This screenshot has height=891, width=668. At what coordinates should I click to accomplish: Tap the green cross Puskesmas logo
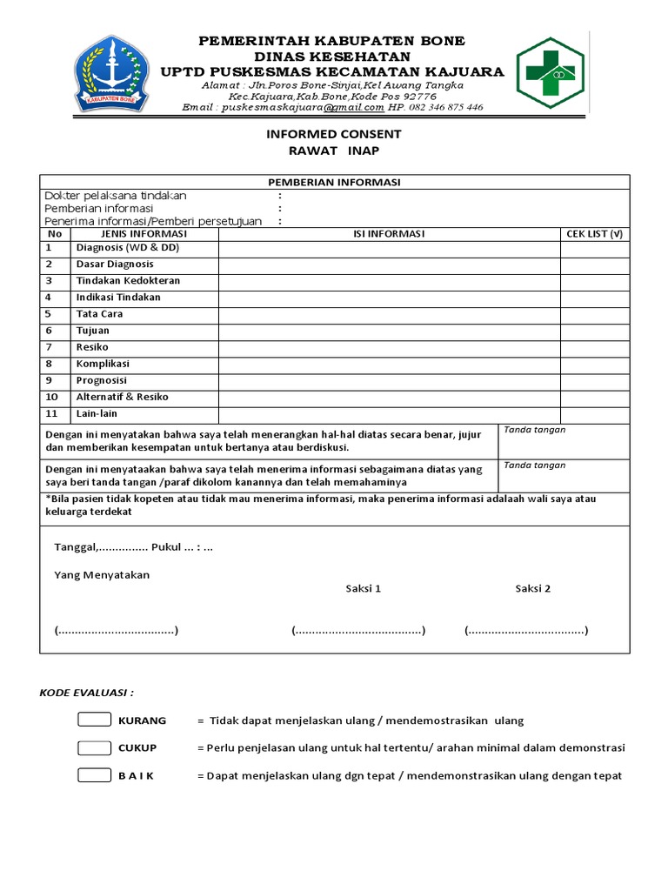[x=552, y=72]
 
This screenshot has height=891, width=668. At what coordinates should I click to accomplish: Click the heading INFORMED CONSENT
[x=334, y=134]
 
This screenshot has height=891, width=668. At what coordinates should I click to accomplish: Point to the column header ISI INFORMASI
[x=388, y=234]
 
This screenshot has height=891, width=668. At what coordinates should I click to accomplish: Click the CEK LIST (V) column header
[x=595, y=234]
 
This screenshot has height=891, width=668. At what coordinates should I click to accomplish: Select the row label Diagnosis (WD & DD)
[x=121, y=248]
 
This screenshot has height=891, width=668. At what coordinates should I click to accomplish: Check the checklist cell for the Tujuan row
[x=595, y=331]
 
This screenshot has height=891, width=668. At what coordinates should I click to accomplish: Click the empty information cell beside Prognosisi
[x=388, y=380]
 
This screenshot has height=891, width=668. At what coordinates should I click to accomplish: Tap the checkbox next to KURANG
[x=94, y=720]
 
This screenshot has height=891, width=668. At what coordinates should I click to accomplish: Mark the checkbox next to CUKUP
[x=94, y=748]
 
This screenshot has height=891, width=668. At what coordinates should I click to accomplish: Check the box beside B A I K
[x=94, y=776]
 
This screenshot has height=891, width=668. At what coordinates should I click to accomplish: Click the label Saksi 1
[x=364, y=588]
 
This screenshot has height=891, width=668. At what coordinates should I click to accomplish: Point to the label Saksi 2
[x=532, y=588]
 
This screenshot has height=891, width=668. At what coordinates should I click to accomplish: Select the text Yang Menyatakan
[x=102, y=575]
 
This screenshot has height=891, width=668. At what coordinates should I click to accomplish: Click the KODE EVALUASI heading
[x=87, y=693]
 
